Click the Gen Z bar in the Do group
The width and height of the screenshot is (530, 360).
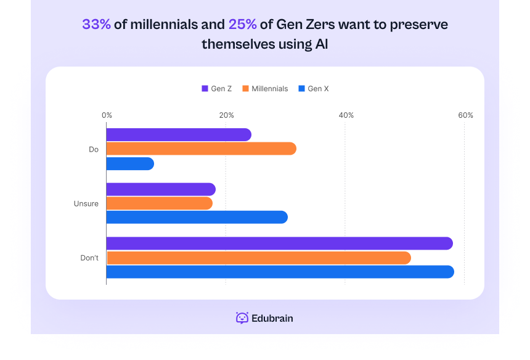pos(179,134)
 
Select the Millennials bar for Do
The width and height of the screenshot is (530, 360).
pos(201,149)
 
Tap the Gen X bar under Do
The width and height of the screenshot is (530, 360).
pos(130,164)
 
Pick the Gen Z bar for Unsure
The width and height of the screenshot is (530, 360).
pos(161,189)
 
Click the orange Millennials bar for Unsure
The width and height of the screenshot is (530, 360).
pos(159,203)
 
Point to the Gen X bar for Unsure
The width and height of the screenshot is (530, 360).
pos(197,217)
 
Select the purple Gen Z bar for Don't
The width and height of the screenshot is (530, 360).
pos(279,243)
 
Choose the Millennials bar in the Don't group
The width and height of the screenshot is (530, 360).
pos(258,258)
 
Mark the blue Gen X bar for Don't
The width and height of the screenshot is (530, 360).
pos(280,272)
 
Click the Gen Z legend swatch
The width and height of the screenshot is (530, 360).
pos(205,89)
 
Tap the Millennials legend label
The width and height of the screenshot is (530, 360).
pos(269,89)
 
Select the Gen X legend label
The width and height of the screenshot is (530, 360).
pos(318,89)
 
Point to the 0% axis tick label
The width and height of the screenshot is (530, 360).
pos(107,115)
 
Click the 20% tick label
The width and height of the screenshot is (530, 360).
pos(226,115)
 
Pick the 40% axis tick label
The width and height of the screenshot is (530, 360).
pos(346,115)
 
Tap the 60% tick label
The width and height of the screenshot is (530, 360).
pos(465,115)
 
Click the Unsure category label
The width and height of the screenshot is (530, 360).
pos(86,203)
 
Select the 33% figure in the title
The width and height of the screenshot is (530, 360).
pos(97,25)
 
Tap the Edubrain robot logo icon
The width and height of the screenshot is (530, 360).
pos(242,318)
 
